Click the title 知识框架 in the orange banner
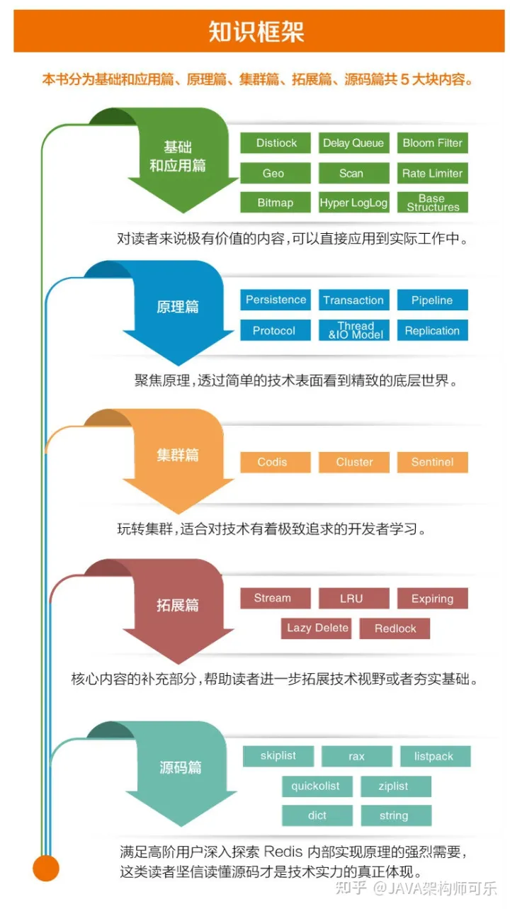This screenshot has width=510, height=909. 256,32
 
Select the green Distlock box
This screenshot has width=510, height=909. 276,143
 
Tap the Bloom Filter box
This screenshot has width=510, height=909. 432,143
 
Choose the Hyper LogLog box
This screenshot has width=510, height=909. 353,203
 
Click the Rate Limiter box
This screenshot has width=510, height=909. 432,173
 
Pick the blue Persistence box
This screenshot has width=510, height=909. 276,300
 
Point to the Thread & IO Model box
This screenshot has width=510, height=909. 354,330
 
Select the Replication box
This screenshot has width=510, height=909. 432,330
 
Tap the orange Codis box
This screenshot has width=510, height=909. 273,462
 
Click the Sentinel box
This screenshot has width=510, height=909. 432,462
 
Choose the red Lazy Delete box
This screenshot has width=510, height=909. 317,628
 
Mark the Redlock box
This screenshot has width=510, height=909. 395,628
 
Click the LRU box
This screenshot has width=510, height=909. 351,599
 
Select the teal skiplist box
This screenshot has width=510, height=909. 278,756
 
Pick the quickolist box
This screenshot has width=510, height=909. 316,786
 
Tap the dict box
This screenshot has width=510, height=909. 317,815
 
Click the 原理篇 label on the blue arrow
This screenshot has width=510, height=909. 178,307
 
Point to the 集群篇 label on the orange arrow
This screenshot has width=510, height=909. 178,455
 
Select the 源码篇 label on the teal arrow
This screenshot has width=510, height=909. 180,767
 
